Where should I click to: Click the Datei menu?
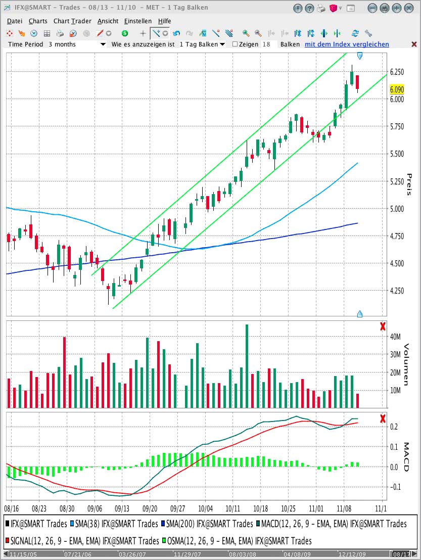15,21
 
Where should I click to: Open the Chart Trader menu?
72,21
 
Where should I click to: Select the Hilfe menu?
165,21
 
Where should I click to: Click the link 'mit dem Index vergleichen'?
347,44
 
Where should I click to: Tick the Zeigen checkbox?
235,44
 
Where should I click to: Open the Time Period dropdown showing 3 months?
77,44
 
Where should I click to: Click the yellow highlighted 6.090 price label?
397,89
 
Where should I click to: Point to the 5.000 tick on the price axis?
397,209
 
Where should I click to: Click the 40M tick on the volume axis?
395,337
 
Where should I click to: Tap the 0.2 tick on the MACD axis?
394,427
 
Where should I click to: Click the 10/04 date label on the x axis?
205,508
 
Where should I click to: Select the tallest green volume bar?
247,366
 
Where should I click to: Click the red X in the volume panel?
383,326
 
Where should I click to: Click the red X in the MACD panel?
383,418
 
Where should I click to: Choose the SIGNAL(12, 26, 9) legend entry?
82,541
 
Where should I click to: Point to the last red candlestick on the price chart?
357,82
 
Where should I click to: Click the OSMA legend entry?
237,541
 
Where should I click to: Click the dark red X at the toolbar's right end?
414,44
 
